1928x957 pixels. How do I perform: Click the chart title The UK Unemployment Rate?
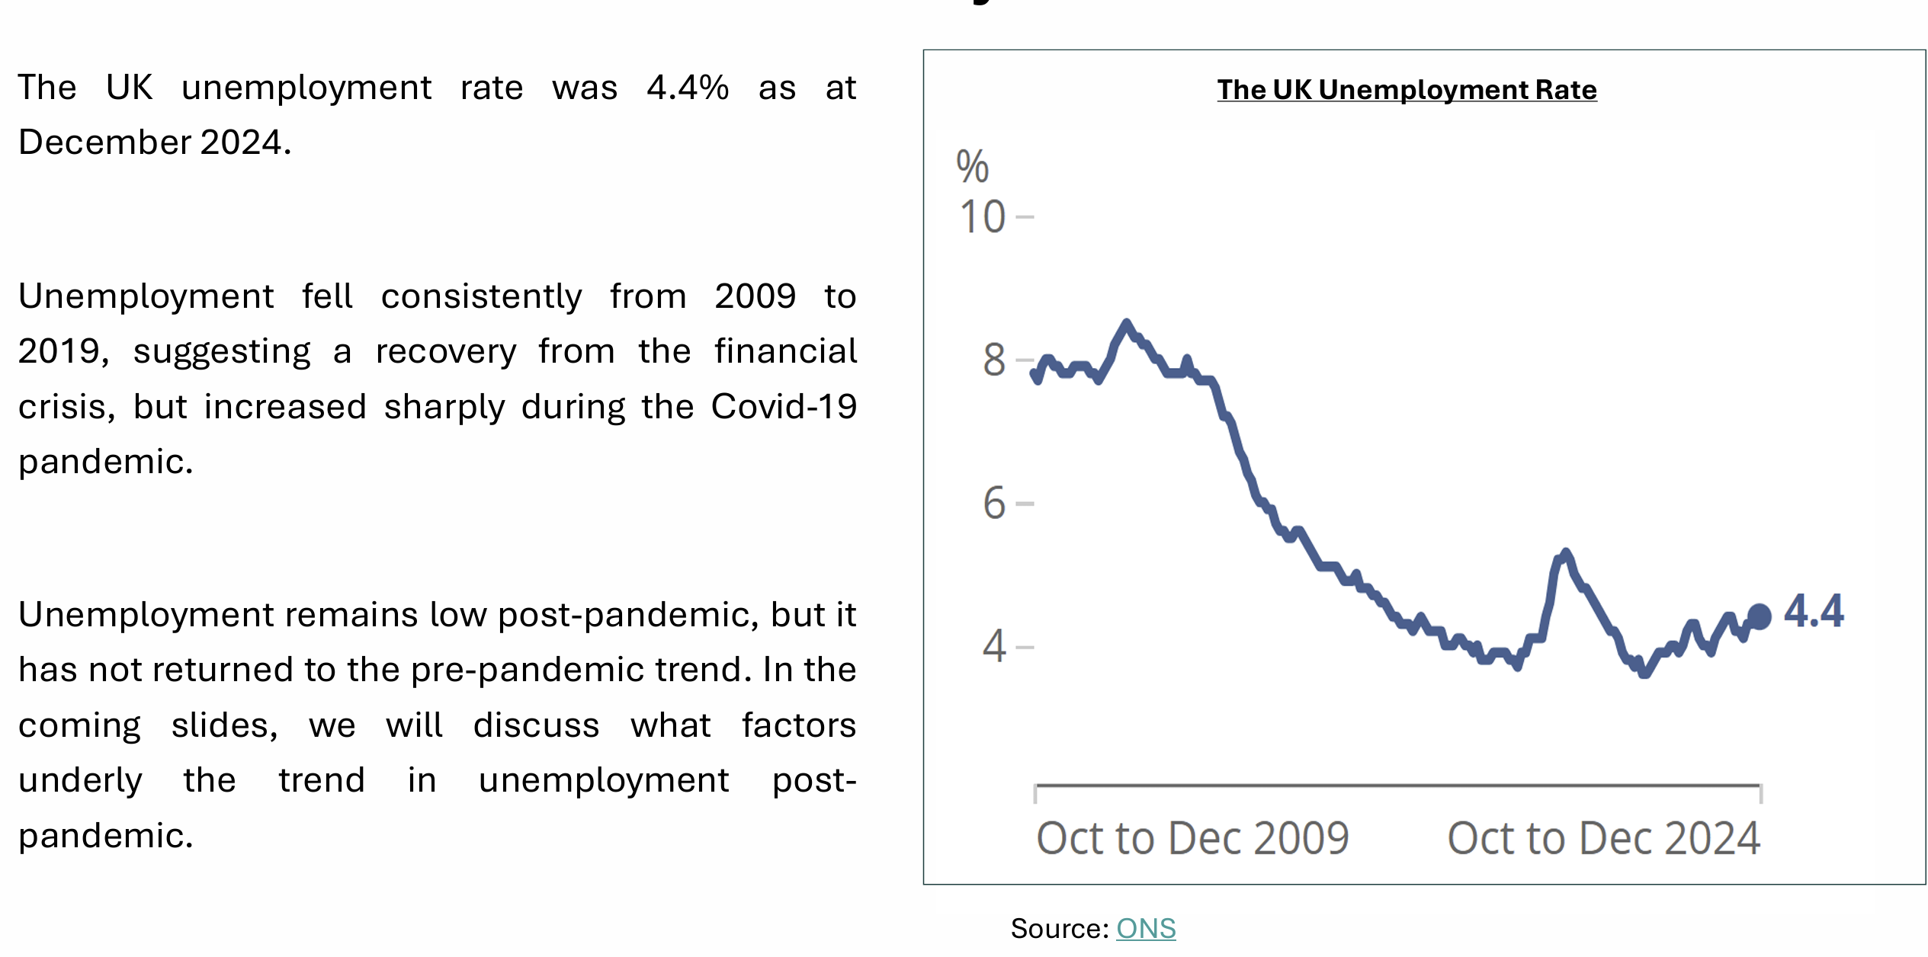click(1406, 90)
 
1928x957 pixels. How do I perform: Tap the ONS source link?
click(1145, 928)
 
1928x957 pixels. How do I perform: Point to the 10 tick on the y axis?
click(983, 217)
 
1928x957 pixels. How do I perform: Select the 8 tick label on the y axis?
click(994, 360)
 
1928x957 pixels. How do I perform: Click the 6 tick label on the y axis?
click(994, 504)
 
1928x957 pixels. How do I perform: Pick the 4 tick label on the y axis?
click(994, 647)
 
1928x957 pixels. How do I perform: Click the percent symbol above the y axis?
click(972, 167)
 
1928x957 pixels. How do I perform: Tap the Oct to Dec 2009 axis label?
click(1192, 838)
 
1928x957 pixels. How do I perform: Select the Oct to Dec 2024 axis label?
click(1603, 838)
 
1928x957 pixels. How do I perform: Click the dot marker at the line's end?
click(1759, 616)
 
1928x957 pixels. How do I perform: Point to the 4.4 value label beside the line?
click(1814, 611)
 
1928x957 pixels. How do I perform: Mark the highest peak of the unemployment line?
click(1126, 323)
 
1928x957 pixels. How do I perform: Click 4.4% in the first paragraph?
click(688, 88)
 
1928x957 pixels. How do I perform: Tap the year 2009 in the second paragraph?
click(755, 296)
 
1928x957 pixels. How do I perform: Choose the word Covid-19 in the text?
click(784, 406)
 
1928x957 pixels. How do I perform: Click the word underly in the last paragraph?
click(80, 780)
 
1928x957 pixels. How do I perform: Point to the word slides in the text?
click(224, 725)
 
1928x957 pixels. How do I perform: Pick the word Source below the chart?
click(1058, 928)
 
